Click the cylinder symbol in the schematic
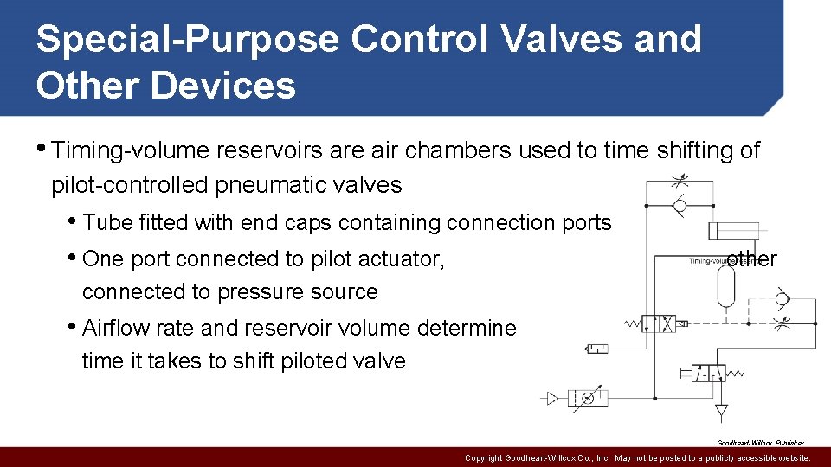click(x=738, y=230)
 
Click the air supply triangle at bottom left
click(x=551, y=399)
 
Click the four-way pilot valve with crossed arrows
click(x=668, y=324)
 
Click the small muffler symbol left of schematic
click(x=596, y=348)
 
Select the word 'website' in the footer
click(x=790, y=458)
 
